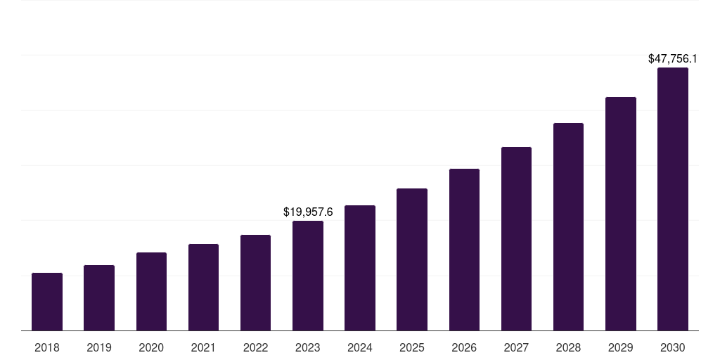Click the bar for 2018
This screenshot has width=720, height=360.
(47, 302)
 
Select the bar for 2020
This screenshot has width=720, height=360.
(151, 291)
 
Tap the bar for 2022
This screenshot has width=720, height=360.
(255, 283)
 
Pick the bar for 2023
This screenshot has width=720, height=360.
(308, 276)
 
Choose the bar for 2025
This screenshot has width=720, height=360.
(412, 259)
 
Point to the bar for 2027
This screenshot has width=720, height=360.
(516, 238)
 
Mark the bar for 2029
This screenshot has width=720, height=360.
(620, 214)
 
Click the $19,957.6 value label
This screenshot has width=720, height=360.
(308, 212)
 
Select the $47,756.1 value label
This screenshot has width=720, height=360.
(673, 59)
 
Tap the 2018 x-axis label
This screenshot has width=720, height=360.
(47, 347)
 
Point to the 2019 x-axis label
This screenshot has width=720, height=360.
(99, 347)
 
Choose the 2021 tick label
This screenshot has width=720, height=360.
(203, 347)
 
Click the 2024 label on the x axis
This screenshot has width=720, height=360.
(360, 347)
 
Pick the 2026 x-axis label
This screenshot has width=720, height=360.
(464, 347)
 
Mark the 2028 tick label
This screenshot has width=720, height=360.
(568, 347)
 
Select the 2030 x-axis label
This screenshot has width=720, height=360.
(673, 347)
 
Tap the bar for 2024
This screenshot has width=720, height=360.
(360, 268)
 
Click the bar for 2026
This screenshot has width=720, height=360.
(464, 250)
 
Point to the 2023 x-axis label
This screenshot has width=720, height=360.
(308, 347)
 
